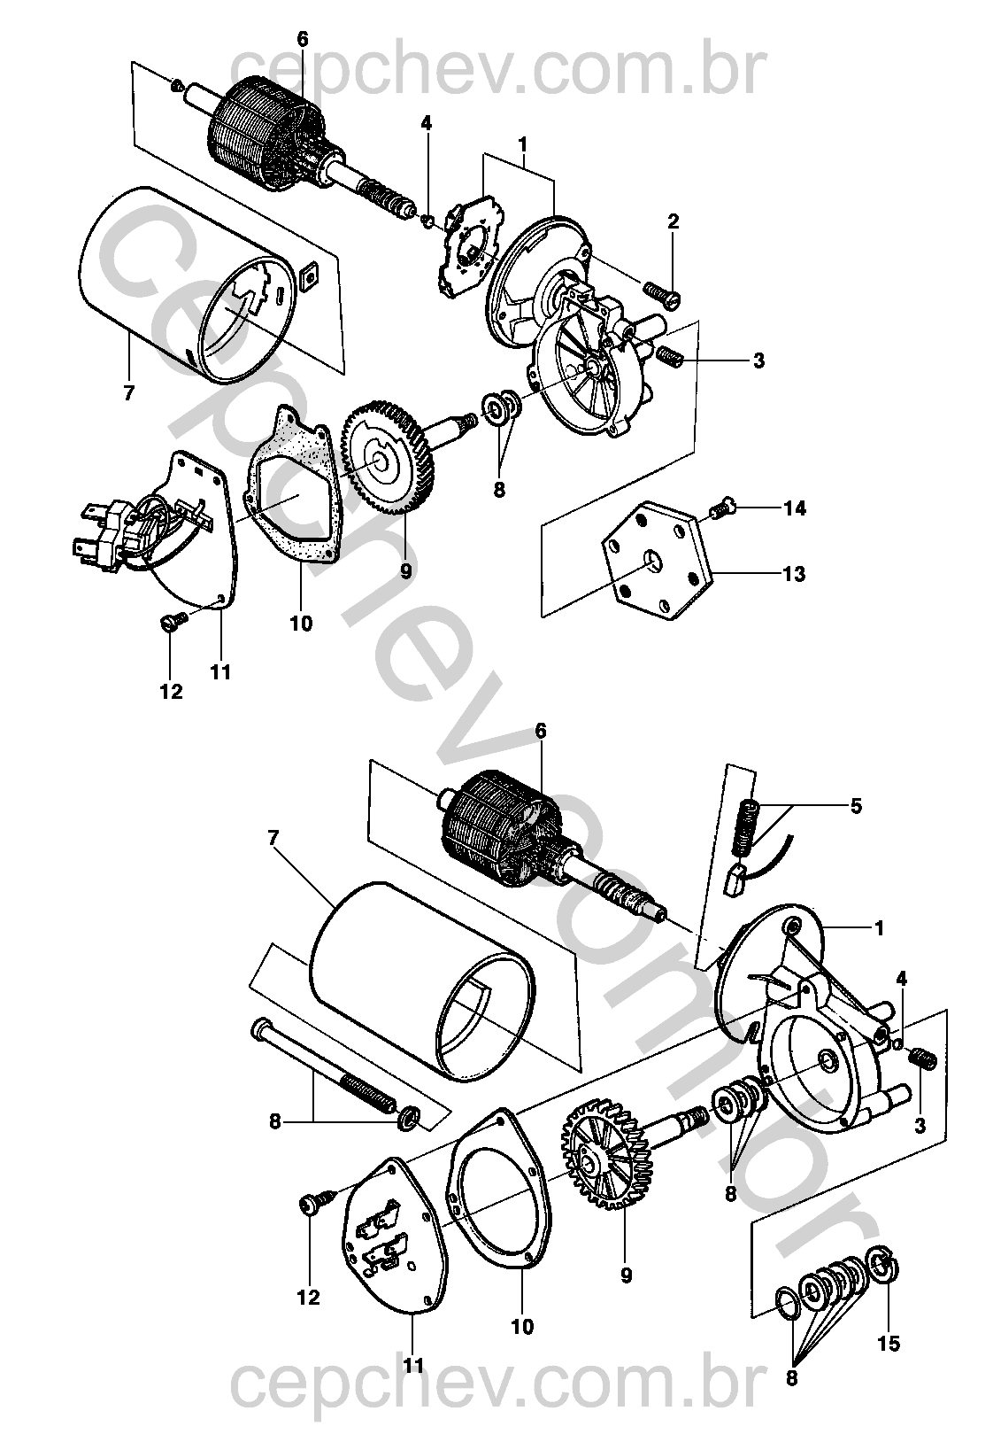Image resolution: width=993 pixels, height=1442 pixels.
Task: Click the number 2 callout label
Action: pyautogui.click(x=673, y=222)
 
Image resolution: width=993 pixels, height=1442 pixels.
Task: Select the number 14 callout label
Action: pyautogui.click(x=794, y=508)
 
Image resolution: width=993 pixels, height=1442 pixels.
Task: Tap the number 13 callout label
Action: pyautogui.click(x=794, y=574)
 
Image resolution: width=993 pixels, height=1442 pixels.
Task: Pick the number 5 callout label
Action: pyautogui.click(x=856, y=806)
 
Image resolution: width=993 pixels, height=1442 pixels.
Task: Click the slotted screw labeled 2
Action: pyautogui.click(x=662, y=294)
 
